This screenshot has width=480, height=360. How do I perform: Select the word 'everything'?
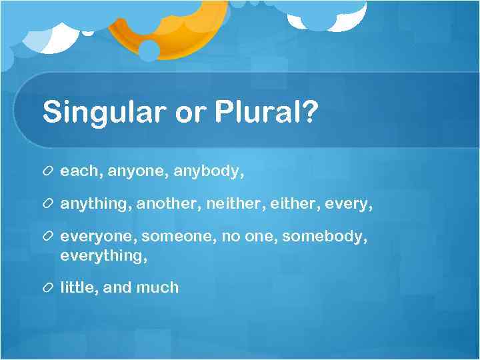100,255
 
